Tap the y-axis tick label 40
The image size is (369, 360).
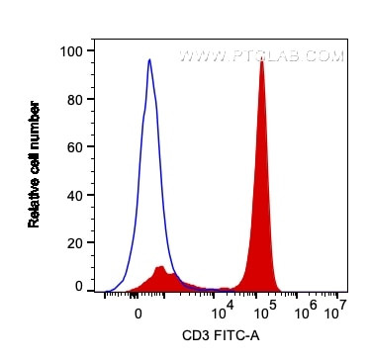point(73,193)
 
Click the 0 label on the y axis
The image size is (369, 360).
point(77,287)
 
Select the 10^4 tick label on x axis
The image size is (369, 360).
point(221,309)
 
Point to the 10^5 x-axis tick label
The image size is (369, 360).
point(263,309)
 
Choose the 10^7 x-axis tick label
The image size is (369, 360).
point(336,309)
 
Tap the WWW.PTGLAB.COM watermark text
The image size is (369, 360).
point(274,56)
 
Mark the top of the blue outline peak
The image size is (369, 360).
point(149,60)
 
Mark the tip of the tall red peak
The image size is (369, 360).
point(261,58)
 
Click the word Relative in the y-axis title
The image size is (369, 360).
point(35,204)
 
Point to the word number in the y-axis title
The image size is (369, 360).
point(35,127)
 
